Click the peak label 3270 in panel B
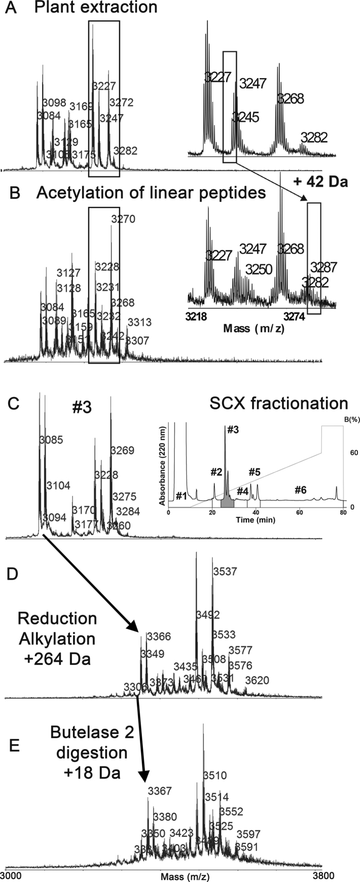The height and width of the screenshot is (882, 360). click(123, 220)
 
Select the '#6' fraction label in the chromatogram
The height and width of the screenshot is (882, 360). click(300, 476)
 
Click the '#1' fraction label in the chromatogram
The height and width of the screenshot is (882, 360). click(181, 496)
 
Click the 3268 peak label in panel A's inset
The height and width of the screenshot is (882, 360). click(291, 98)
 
